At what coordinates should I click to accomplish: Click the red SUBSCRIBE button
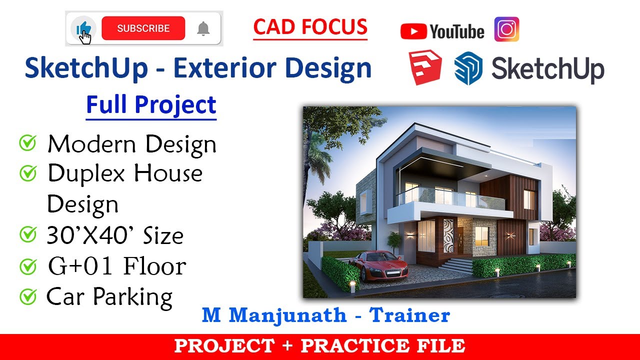(143, 28)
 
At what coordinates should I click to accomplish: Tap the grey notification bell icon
(203, 29)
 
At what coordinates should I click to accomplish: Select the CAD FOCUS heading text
(310, 27)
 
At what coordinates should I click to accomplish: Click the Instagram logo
(506, 29)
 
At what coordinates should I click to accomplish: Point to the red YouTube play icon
(413, 32)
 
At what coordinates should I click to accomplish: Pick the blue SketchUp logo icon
(468, 69)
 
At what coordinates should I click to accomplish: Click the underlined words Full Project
(151, 105)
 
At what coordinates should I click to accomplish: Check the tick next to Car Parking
(27, 297)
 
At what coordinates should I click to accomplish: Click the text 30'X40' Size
(115, 235)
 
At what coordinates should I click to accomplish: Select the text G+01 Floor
(116, 266)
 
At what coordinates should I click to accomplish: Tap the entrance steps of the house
(455, 265)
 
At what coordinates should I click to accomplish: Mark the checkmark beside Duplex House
(27, 173)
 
